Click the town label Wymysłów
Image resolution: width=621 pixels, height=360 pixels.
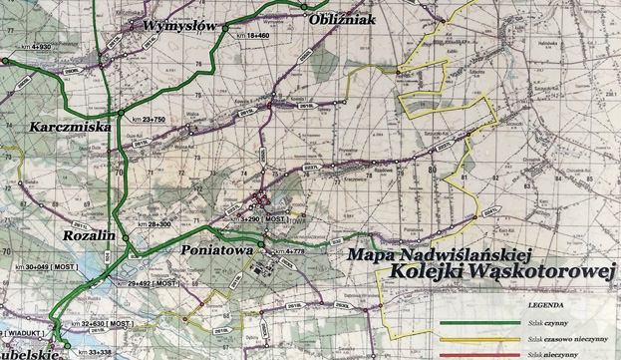point(180,25)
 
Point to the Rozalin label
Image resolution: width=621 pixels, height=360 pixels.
point(90,234)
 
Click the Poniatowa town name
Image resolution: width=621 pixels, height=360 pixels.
point(217,252)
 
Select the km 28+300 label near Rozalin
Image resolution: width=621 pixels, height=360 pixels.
point(155,225)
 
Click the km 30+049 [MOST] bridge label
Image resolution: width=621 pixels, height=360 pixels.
point(44,268)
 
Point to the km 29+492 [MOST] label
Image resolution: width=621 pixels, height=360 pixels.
point(152,283)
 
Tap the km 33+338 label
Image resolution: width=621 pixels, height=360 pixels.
point(101,352)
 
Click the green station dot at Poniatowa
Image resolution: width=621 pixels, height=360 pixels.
point(261,244)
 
